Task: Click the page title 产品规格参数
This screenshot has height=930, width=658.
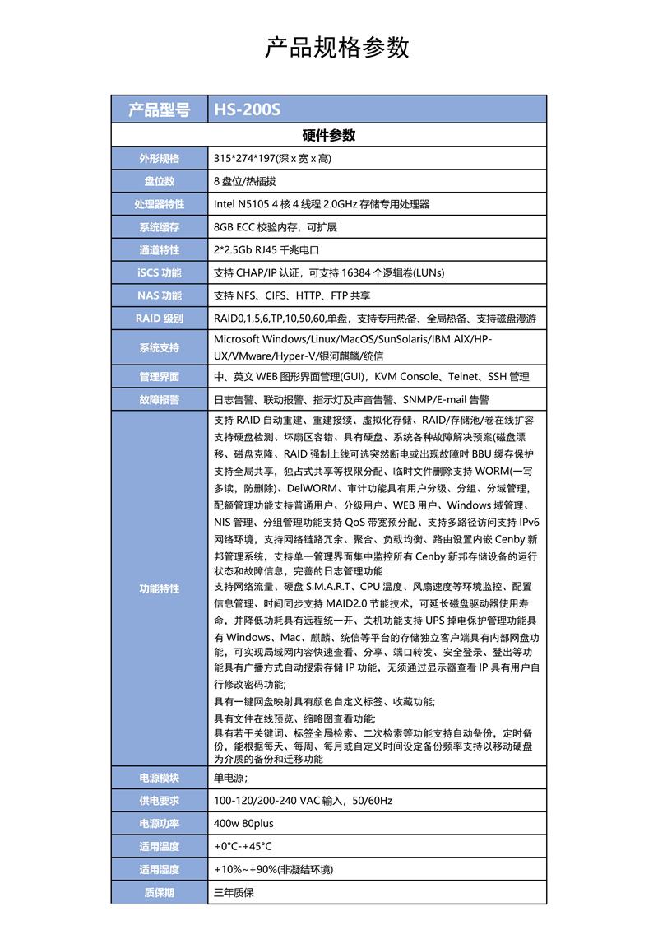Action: pyautogui.click(x=337, y=48)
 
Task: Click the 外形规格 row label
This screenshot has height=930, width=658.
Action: pyautogui.click(x=160, y=158)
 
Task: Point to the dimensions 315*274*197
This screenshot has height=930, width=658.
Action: pyautogui.click(x=244, y=158)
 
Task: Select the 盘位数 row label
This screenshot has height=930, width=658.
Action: pyautogui.click(x=160, y=181)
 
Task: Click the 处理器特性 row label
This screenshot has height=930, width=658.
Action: pyautogui.click(x=160, y=204)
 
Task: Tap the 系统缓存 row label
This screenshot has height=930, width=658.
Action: pyautogui.click(x=160, y=227)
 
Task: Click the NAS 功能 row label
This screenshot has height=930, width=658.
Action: pyautogui.click(x=160, y=295)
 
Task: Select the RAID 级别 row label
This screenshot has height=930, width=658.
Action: pyautogui.click(x=160, y=319)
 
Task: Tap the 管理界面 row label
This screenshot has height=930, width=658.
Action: pyautogui.click(x=160, y=377)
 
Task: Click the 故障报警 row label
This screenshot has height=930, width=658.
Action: pyautogui.click(x=160, y=400)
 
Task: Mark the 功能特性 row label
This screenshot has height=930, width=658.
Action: pyautogui.click(x=160, y=589)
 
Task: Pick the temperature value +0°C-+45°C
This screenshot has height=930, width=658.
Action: pyautogui.click(x=243, y=846)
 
